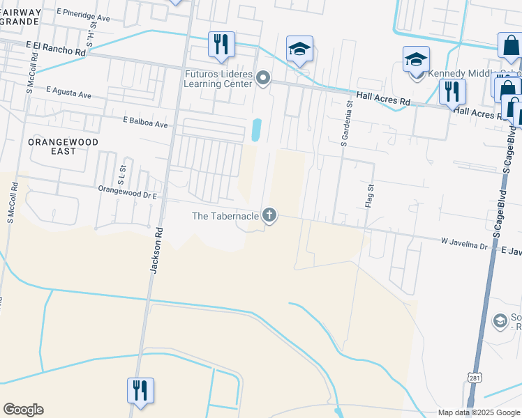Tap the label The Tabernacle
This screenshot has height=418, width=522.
point(225,216)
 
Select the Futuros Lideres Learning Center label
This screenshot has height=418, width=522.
point(217,79)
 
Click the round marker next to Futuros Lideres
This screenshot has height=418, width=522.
point(263,78)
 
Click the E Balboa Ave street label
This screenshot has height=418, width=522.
point(145,123)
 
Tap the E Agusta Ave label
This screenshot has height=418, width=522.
point(69,92)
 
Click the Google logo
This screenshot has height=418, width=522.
point(23,410)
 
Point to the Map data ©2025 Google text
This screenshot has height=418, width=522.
point(478,412)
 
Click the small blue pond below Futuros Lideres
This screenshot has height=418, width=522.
point(256,130)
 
